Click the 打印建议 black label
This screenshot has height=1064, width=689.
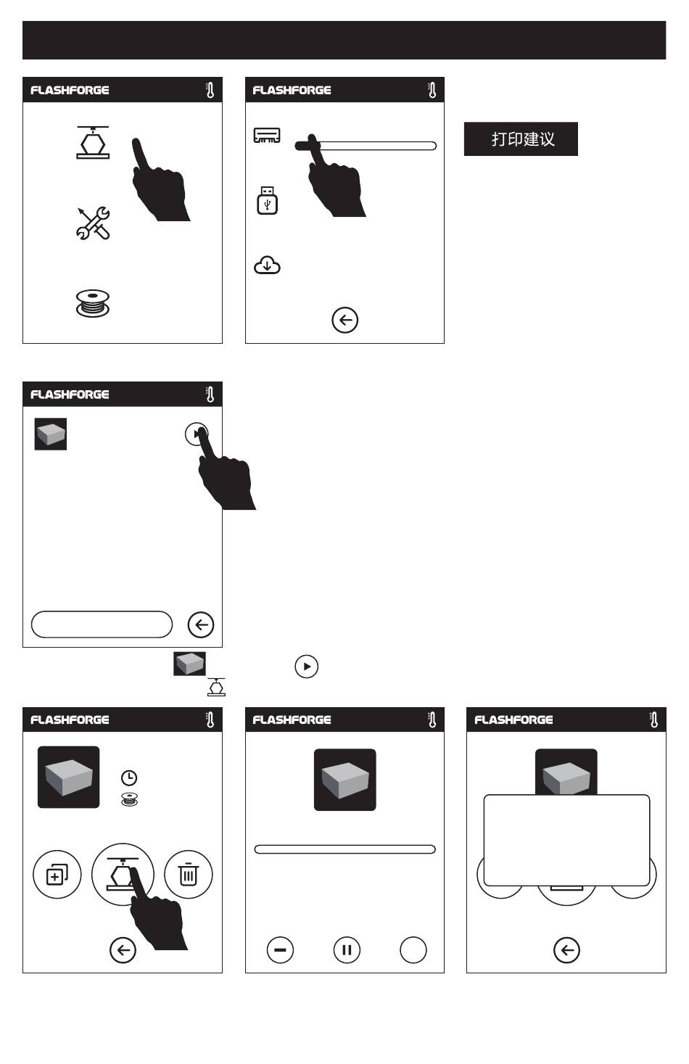521,139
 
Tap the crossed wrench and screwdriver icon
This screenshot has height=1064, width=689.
93,223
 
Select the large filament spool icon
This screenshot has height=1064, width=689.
93,303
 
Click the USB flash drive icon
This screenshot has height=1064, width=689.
268,200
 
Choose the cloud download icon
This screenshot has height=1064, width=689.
267,265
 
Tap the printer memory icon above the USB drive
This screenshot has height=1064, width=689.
267,136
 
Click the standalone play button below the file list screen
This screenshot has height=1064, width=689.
306,666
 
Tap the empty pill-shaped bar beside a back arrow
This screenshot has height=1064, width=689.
102,624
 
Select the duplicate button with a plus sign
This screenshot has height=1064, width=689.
57,874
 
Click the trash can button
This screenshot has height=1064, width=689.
188,874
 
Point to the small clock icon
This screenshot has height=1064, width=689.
129,778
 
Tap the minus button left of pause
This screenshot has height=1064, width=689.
280,949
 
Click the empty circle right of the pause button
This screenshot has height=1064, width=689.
413,949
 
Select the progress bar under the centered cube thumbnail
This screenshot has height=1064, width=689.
344,849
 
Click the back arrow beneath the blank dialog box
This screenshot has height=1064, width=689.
566,949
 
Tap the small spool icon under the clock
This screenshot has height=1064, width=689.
129,799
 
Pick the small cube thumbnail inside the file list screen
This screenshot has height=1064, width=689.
50,434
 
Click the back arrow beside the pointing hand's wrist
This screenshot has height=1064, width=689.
123,949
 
